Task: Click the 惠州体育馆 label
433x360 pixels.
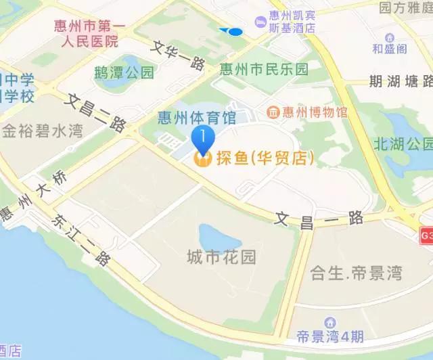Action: click(196, 118)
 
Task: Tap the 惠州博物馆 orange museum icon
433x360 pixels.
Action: click(273, 112)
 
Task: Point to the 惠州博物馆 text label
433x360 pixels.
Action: click(315, 112)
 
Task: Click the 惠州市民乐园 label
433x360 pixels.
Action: click(264, 69)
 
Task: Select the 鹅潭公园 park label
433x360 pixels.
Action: click(124, 72)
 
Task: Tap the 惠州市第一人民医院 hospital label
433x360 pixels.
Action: click(86, 33)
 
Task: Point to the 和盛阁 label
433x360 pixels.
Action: click(390, 49)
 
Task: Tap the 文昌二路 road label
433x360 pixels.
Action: click(98, 112)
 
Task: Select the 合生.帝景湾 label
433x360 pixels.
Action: click(356, 274)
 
